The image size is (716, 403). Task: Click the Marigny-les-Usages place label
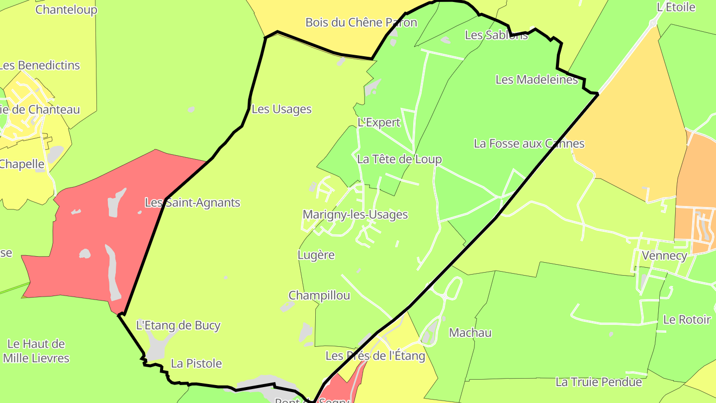click(x=355, y=214)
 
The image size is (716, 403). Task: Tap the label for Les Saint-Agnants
click(x=192, y=202)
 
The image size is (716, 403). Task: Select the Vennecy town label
click(x=664, y=256)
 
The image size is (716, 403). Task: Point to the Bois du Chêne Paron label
click(x=361, y=22)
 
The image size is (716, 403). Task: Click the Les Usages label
click(x=281, y=109)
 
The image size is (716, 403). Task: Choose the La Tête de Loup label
click(x=399, y=159)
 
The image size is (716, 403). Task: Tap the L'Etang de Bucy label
click(x=178, y=325)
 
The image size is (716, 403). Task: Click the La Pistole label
click(x=196, y=363)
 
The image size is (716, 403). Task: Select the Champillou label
click(x=319, y=295)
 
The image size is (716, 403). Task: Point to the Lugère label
click(x=316, y=255)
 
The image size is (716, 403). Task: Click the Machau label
click(x=470, y=332)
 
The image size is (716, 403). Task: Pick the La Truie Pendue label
click(x=599, y=382)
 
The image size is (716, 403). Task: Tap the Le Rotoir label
click(x=687, y=319)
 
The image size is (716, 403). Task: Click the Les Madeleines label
click(x=537, y=79)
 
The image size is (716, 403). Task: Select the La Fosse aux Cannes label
click(x=529, y=143)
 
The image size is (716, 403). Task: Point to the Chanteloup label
click(x=66, y=9)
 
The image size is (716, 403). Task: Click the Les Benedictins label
click(x=39, y=65)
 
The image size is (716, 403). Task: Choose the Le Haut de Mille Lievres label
click(x=36, y=351)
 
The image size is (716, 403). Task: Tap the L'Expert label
click(x=378, y=122)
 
